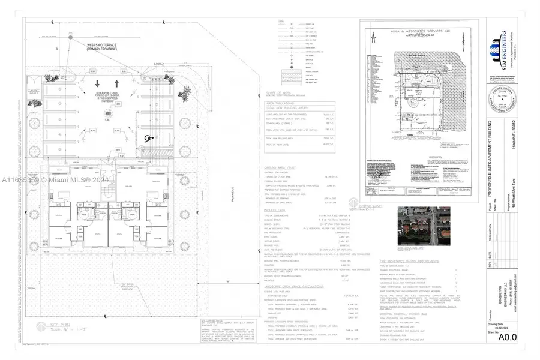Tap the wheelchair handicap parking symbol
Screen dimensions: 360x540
pyautogui.click(x=148, y=137)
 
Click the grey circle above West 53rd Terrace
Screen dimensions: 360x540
pyautogui.click(x=70, y=37)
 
